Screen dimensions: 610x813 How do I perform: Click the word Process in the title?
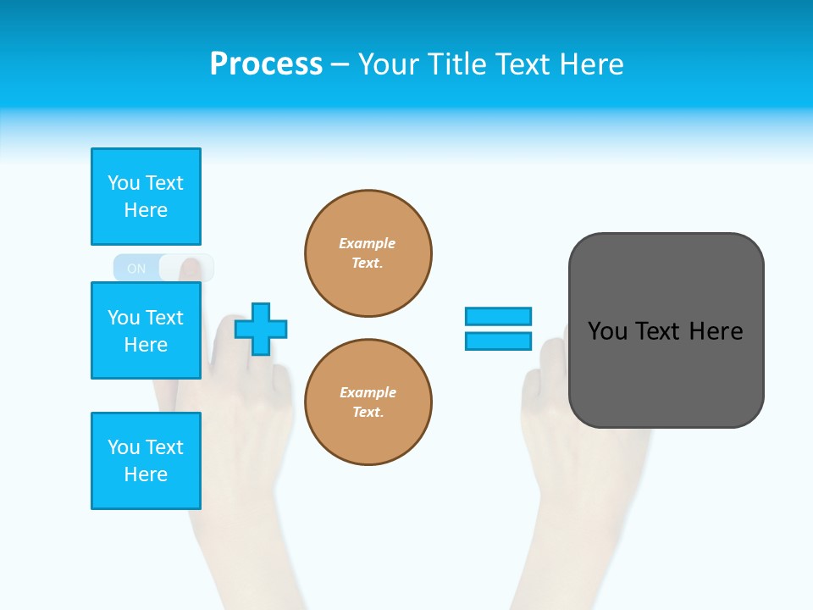(x=266, y=64)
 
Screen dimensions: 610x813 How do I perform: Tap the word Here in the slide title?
(x=588, y=64)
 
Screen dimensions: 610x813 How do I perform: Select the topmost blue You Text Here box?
(x=146, y=197)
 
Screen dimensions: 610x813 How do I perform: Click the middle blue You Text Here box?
(x=146, y=330)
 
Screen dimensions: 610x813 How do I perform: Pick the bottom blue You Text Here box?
(x=146, y=460)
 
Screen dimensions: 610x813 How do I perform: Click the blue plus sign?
(x=261, y=329)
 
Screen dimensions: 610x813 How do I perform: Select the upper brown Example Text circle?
(x=368, y=253)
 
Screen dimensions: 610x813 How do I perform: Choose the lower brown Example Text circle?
(x=368, y=402)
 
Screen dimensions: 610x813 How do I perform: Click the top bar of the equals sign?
(x=498, y=316)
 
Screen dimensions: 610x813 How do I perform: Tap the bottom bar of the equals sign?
(x=498, y=341)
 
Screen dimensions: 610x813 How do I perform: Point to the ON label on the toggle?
(x=136, y=269)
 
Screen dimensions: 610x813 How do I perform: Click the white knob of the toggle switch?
(x=186, y=268)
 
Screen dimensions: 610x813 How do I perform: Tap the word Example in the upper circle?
(x=367, y=243)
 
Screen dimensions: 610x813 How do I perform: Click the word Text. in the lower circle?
(x=368, y=413)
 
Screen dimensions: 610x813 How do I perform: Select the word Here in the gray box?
(x=716, y=331)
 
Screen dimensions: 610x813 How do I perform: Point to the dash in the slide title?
(x=340, y=64)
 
